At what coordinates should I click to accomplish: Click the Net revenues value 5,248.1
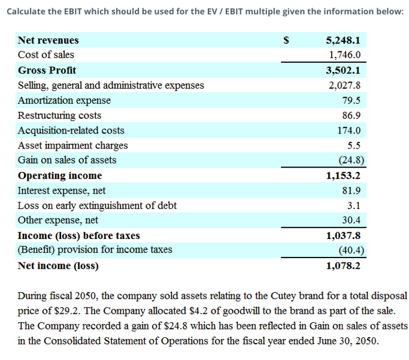(343, 40)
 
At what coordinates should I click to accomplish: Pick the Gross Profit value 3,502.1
(343, 70)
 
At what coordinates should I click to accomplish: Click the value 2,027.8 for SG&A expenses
(344, 85)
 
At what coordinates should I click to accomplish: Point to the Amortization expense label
(64, 100)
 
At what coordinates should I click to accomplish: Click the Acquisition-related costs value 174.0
(348, 130)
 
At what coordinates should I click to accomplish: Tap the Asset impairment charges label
(72, 145)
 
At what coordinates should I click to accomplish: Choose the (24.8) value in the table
(348, 160)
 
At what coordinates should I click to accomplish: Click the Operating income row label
(60, 176)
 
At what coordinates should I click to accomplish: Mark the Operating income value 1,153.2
(343, 176)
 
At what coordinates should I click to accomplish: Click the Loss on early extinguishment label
(97, 205)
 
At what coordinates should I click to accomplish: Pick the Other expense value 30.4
(350, 220)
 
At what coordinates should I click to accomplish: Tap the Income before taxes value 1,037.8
(343, 235)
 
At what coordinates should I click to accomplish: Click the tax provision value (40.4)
(348, 250)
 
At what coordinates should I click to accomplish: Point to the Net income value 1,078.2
(343, 265)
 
